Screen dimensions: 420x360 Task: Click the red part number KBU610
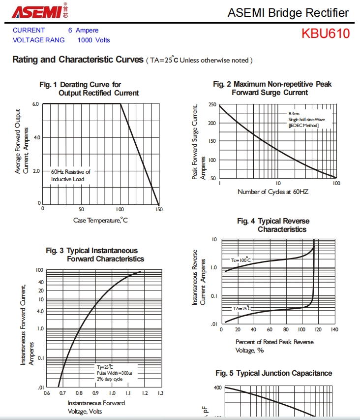(326, 33)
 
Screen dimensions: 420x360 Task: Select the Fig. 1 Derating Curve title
(89, 89)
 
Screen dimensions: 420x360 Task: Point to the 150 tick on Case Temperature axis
(158, 209)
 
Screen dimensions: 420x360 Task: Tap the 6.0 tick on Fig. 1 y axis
(35, 104)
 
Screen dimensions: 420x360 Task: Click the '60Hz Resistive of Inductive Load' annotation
(70, 175)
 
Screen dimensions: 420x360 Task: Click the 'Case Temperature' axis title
(100, 220)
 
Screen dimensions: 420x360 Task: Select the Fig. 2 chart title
(272, 88)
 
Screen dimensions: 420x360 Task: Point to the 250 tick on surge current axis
(212, 105)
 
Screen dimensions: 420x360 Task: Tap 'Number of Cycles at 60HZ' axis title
(273, 192)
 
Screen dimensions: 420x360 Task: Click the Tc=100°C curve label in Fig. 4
(241, 259)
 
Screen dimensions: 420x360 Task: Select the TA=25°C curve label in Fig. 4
(241, 308)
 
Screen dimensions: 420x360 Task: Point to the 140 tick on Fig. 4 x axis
(334, 329)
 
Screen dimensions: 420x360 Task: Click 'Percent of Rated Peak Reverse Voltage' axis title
(274, 346)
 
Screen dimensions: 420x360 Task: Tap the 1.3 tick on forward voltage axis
(160, 393)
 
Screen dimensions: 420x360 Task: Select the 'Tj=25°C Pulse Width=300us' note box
(114, 373)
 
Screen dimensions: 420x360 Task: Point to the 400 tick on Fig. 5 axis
(217, 388)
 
